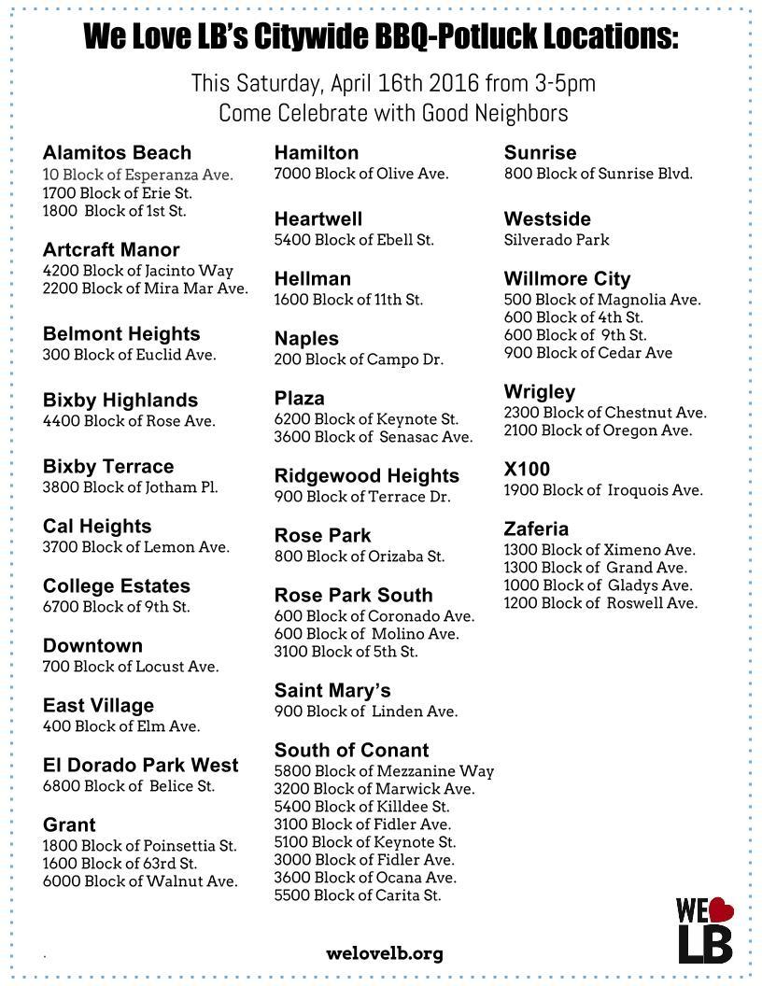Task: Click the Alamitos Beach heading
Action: pyautogui.click(x=117, y=153)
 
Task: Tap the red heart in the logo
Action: pyautogui.click(x=720, y=909)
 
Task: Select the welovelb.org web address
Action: pyautogui.click(x=385, y=953)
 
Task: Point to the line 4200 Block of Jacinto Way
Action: pyautogui.click(x=137, y=271)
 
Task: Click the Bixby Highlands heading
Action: pyautogui.click(x=120, y=401)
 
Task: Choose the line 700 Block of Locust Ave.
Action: pyautogui.click(x=131, y=667)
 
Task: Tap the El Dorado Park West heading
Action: pyautogui.click(x=140, y=766)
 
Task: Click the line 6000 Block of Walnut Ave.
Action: pyautogui.click(x=140, y=880)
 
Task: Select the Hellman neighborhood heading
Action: pyautogui.click(x=312, y=279)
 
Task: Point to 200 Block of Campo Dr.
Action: pyautogui.click(x=359, y=359)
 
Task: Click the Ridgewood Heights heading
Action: pyautogui.click(x=366, y=476)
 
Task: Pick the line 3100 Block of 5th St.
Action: pyautogui.click(x=346, y=652)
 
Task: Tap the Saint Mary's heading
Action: pyautogui.click(x=332, y=691)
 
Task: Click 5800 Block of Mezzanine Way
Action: pyautogui.click(x=384, y=771)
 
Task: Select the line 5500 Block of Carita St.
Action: pyautogui.click(x=357, y=895)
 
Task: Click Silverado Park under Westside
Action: pyautogui.click(x=557, y=240)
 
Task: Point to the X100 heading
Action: pyautogui.click(x=527, y=470)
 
